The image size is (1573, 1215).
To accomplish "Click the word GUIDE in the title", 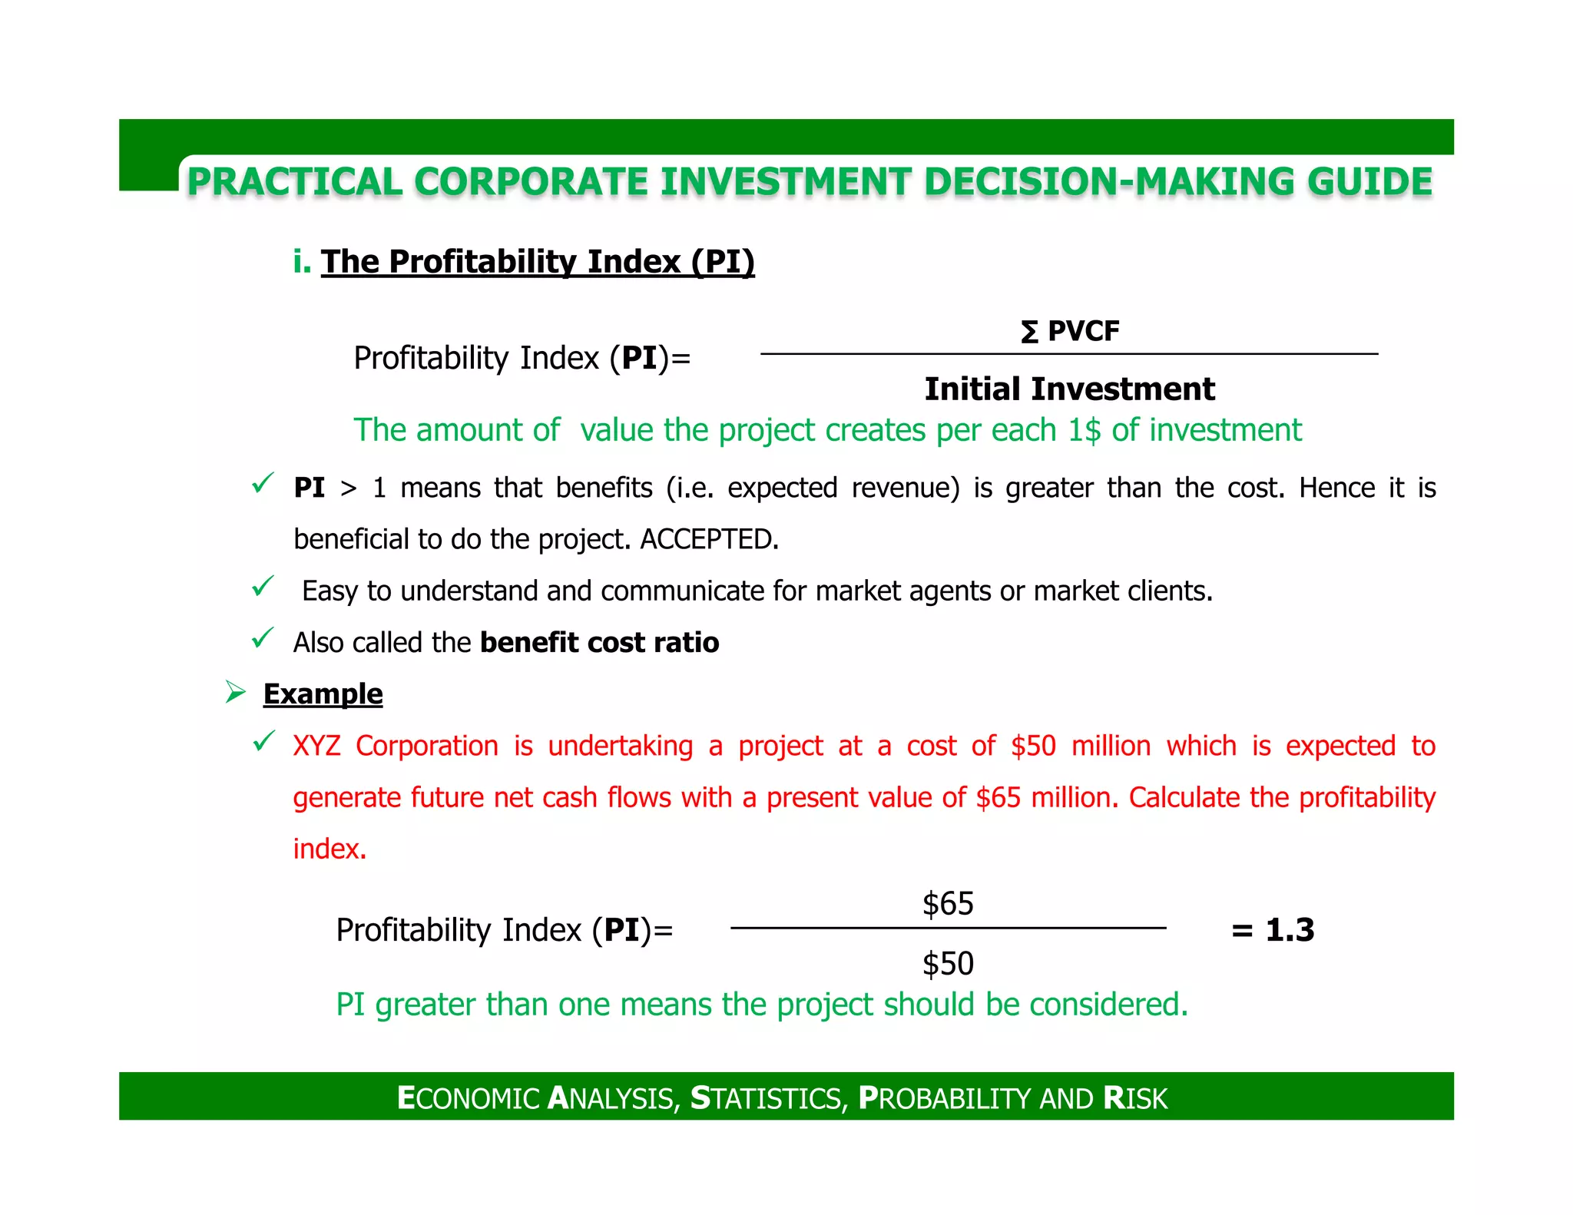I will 1369,183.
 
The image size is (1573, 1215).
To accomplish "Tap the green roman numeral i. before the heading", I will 302,262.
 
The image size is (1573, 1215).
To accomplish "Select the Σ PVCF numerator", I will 1070,332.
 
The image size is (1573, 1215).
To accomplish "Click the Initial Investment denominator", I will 1069,389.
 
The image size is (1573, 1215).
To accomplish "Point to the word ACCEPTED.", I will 708,539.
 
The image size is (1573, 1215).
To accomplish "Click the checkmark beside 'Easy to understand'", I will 263,588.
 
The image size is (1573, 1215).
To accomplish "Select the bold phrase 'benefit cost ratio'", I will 599,643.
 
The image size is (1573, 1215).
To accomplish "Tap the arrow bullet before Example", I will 235,693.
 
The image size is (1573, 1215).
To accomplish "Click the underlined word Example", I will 323,694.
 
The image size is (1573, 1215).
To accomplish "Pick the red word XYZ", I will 316,747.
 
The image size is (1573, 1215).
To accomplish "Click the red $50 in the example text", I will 1033,747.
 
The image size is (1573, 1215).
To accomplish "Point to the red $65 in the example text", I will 998,798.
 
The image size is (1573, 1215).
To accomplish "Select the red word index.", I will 330,849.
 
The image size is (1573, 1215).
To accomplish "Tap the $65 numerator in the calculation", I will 948,904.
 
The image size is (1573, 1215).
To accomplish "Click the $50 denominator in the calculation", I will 948,964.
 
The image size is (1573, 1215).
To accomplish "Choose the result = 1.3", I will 1273,931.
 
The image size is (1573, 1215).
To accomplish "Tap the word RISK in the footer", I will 1135,1098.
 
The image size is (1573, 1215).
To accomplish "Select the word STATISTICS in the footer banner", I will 769,1098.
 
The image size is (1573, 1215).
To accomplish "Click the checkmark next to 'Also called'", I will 263,639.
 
